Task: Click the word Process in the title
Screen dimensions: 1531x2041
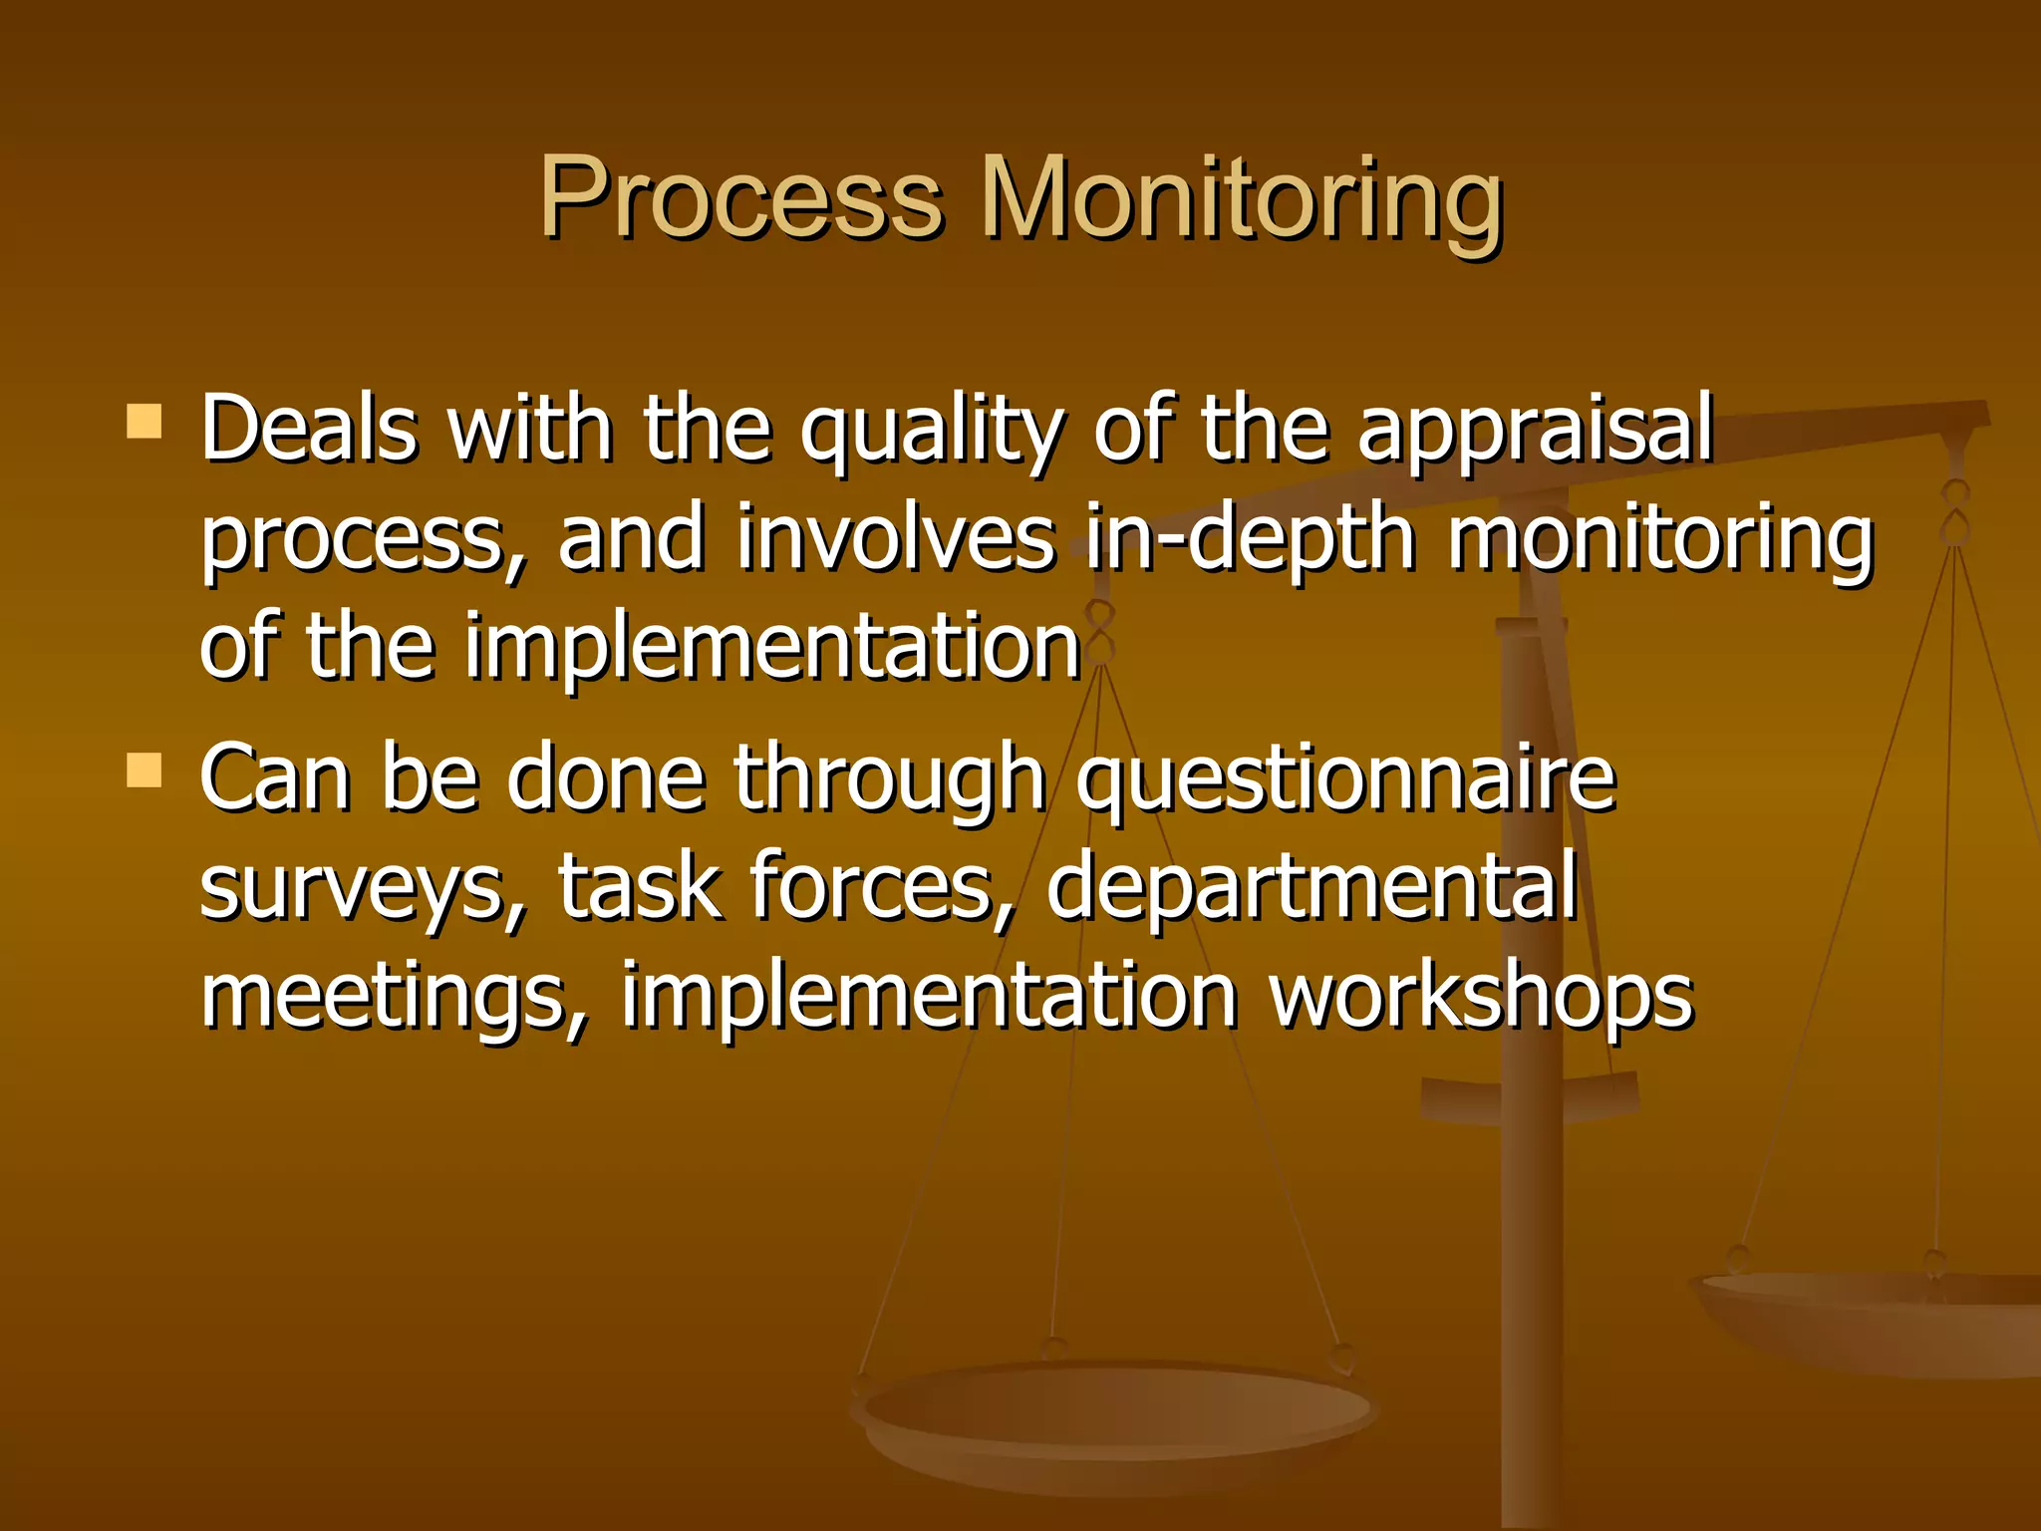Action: click(x=739, y=199)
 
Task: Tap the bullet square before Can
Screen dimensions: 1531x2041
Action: click(x=145, y=770)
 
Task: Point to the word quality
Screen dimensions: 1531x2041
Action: click(x=932, y=431)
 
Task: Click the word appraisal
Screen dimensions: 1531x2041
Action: click(x=1535, y=431)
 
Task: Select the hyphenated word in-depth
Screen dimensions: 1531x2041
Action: click(x=1251, y=538)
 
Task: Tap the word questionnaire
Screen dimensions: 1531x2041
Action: click(x=1345, y=779)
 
